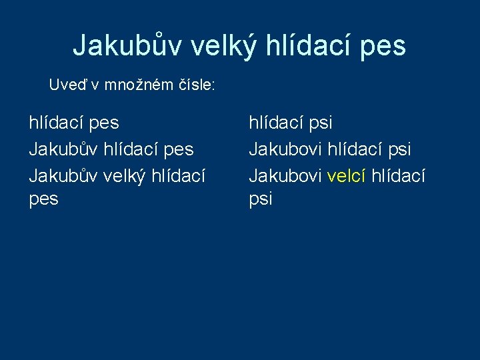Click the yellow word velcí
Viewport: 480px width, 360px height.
tap(345, 175)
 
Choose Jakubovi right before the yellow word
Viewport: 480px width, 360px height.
tap(285, 175)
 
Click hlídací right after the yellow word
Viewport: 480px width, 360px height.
tap(398, 175)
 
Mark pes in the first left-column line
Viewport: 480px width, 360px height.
tap(104, 123)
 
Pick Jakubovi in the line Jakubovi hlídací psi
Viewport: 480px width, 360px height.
tap(285, 149)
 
